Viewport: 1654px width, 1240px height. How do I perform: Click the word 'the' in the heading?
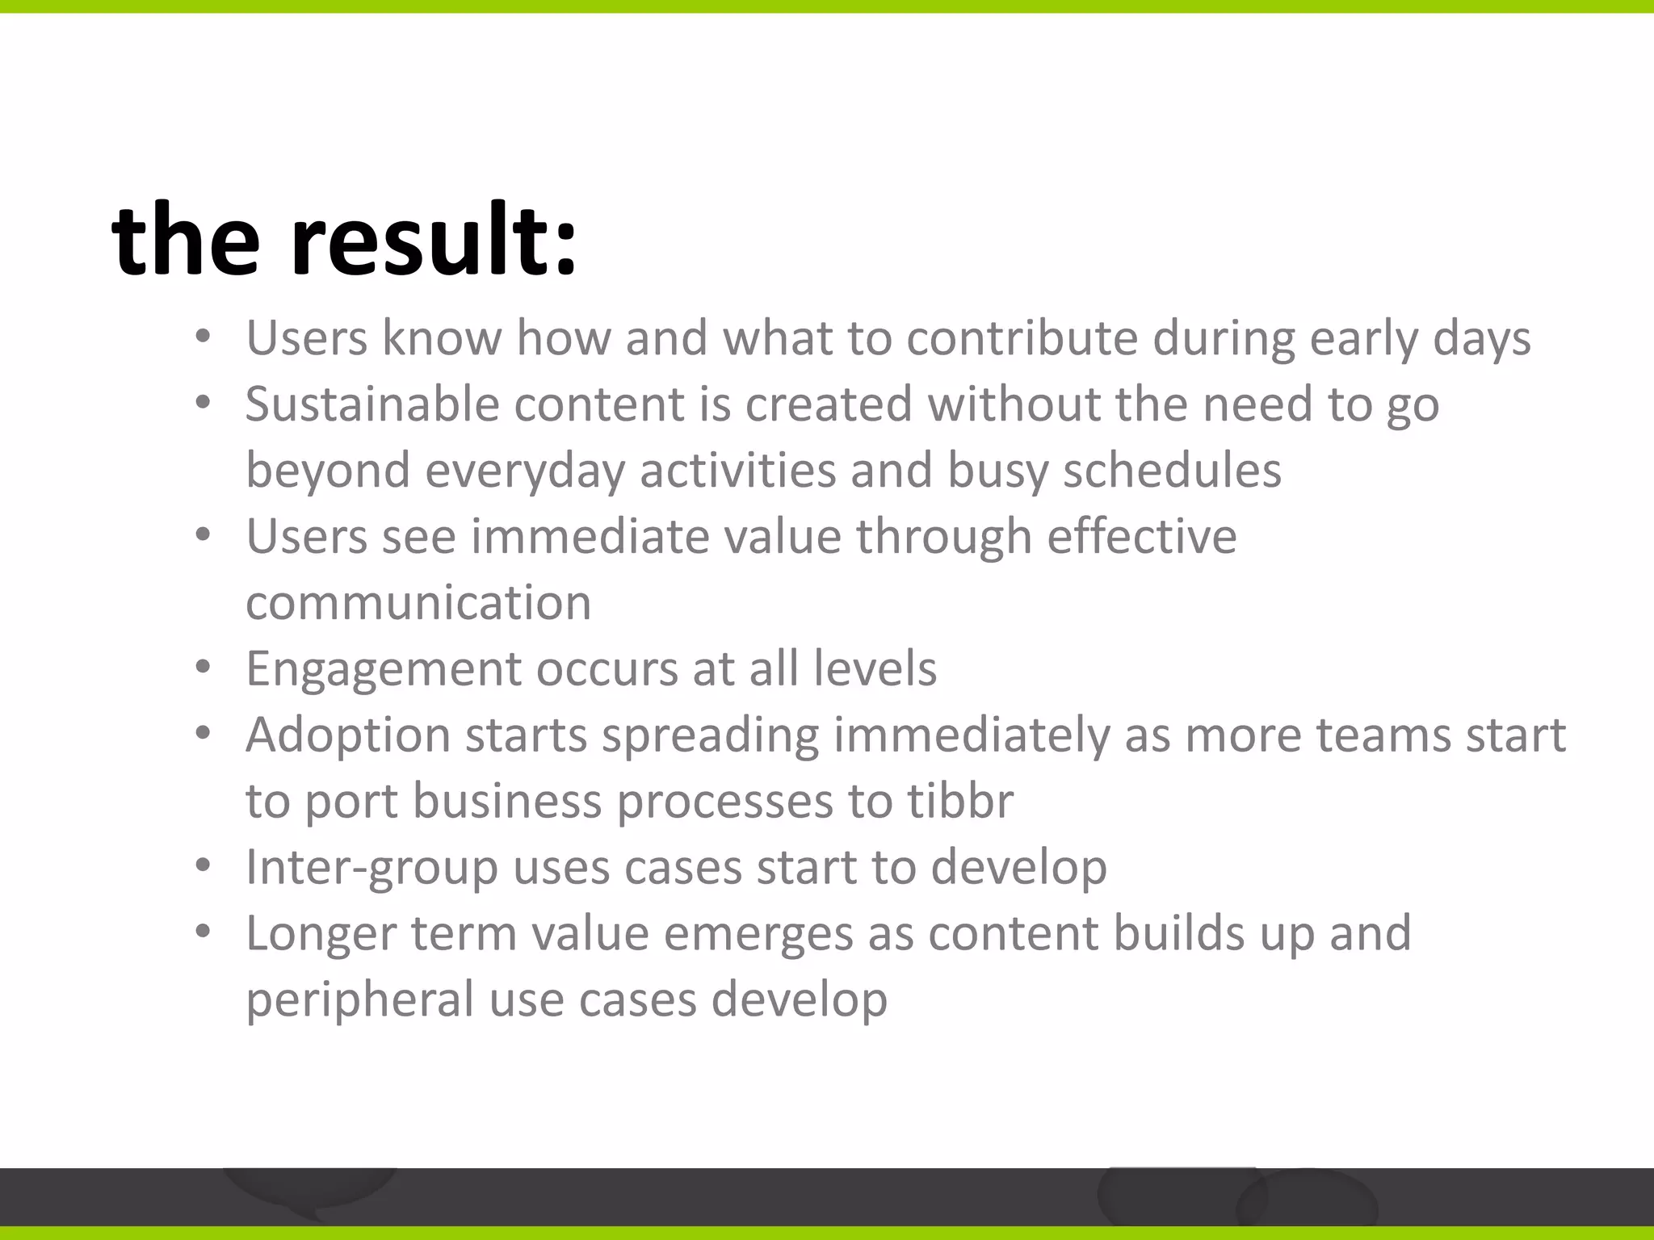(x=186, y=241)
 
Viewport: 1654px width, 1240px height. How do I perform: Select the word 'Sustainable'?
(x=372, y=404)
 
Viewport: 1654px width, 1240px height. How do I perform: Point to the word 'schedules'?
(x=1172, y=470)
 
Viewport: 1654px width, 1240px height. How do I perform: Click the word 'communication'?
(x=418, y=602)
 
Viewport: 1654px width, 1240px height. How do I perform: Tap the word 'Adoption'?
(x=348, y=735)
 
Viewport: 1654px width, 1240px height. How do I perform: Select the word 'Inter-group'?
(x=372, y=867)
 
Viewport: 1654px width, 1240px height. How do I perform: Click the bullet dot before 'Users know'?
(x=203, y=337)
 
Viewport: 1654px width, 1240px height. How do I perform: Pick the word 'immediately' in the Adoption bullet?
(x=972, y=735)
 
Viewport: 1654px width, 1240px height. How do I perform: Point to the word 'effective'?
(x=1141, y=536)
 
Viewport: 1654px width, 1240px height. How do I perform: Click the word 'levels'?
(x=875, y=668)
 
